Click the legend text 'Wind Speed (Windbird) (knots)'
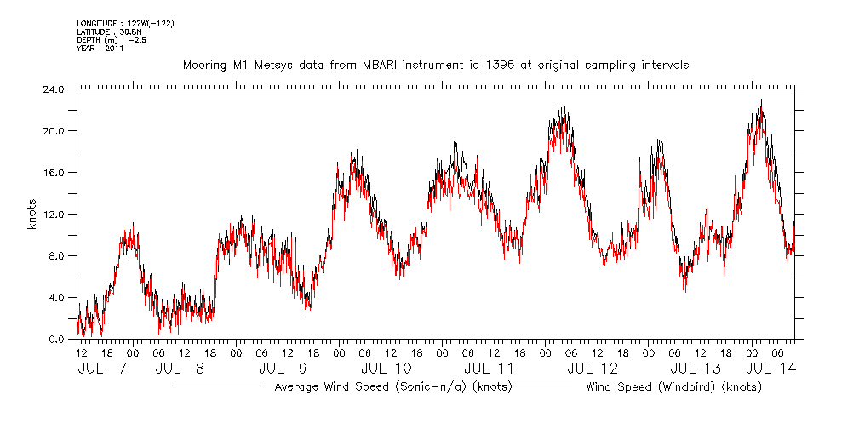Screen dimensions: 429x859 673,387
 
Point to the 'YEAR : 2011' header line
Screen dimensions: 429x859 100,49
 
